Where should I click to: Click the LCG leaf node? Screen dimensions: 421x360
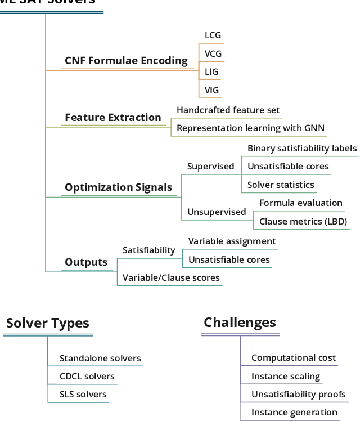click(x=213, y=35)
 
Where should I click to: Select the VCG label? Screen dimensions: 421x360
click(x=213, y=54)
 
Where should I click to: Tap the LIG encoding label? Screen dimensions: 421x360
click(x=211, y=72)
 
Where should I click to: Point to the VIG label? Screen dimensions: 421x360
click(x=211, y=90)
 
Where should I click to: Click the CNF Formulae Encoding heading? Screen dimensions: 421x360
click(x=126, y=61)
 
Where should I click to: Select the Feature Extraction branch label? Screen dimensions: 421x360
click(x=112, y=118)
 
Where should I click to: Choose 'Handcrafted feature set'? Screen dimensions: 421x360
click(x=228, y=110)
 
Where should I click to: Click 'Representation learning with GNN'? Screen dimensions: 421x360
click(x=250, y=128)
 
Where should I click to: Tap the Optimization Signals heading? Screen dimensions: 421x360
click(x=118, y=188)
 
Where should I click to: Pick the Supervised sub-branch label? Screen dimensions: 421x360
click(x=210, y=167)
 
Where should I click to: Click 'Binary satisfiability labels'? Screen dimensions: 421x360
click(x=302, y=149)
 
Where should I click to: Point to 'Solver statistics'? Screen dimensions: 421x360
click(x=281, y=185)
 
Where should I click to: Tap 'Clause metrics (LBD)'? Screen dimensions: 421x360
click(x=303, y=222)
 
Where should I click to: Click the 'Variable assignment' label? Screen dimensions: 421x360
click(x=232, y=241)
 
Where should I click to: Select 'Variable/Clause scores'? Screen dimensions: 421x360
click(x=171, y=278)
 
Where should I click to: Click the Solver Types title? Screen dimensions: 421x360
click(x=48, y=324)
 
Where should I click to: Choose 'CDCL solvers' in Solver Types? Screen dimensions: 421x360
click(x=87, y=377)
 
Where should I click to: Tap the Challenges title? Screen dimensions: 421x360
click(x=240, y=323)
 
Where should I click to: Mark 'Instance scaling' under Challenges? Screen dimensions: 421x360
click(x=286, y=377)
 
